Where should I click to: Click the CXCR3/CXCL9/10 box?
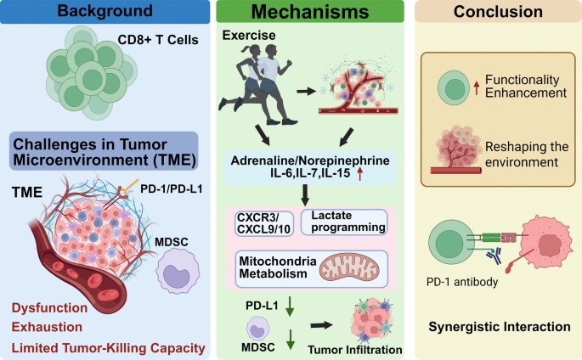pyautogui.click(x=254, y=225)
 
